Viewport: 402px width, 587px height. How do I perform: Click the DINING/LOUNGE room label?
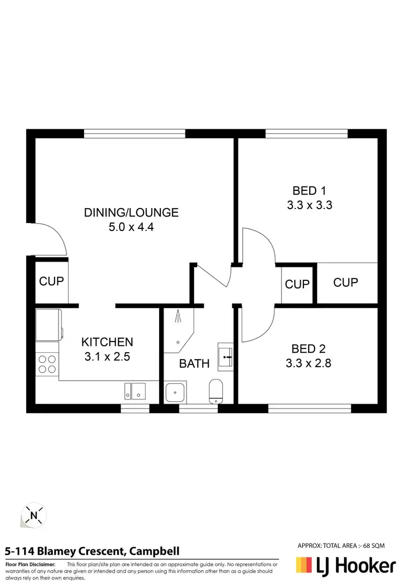point(131,212)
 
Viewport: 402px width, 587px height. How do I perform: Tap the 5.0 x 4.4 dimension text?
point(131,227)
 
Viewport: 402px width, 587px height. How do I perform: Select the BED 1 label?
point(309,190)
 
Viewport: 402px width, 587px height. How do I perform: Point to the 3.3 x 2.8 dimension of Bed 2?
point(308,363)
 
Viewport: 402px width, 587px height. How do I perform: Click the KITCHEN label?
point(107,341)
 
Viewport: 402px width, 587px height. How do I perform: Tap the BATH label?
point(194,364)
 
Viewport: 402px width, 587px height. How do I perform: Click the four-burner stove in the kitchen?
point(47,364)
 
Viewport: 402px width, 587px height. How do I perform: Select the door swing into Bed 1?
point(258,246)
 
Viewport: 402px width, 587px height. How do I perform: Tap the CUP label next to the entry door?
point(51,281)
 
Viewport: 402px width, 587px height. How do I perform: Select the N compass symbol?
point(34,516)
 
